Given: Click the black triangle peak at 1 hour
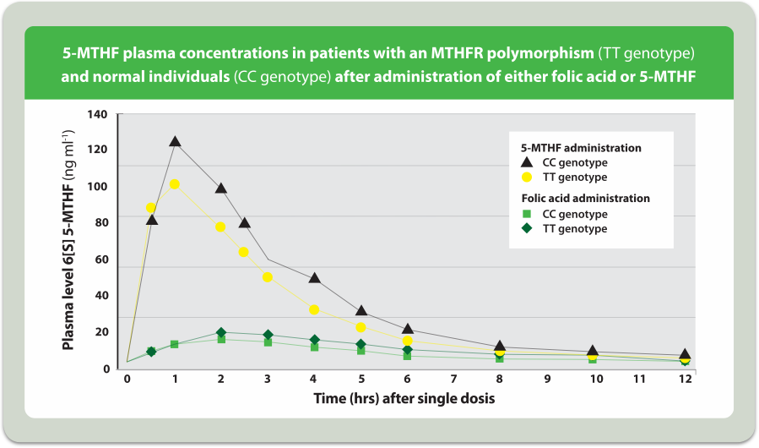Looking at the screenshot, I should click(175, 142).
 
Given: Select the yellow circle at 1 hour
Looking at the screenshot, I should click(175, 184).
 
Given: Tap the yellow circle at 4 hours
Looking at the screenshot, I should click(314, 310).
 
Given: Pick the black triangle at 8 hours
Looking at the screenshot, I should click(500, 347).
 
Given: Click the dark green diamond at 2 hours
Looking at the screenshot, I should click(221, 333).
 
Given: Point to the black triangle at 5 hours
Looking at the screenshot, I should click(361, 312).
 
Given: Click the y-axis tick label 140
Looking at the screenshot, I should click(98, 114).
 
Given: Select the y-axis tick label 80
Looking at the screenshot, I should click(101, 223).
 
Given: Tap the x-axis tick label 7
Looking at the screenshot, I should click(453, 380).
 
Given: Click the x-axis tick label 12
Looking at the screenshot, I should click(685, 380).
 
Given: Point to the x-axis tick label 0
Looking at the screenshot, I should click(127, 380).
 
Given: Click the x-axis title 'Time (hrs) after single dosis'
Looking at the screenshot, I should click(404, 398).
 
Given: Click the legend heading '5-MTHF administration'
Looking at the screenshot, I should click(580, 147).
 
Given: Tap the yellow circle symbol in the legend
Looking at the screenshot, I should click(526, 178).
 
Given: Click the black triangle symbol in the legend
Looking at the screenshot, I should click(526, 162).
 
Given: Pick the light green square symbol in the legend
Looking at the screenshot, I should click(526, 214).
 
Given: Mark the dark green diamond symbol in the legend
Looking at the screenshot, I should click(526, 229).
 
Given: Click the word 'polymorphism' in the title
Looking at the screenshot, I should click(545, 55).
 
